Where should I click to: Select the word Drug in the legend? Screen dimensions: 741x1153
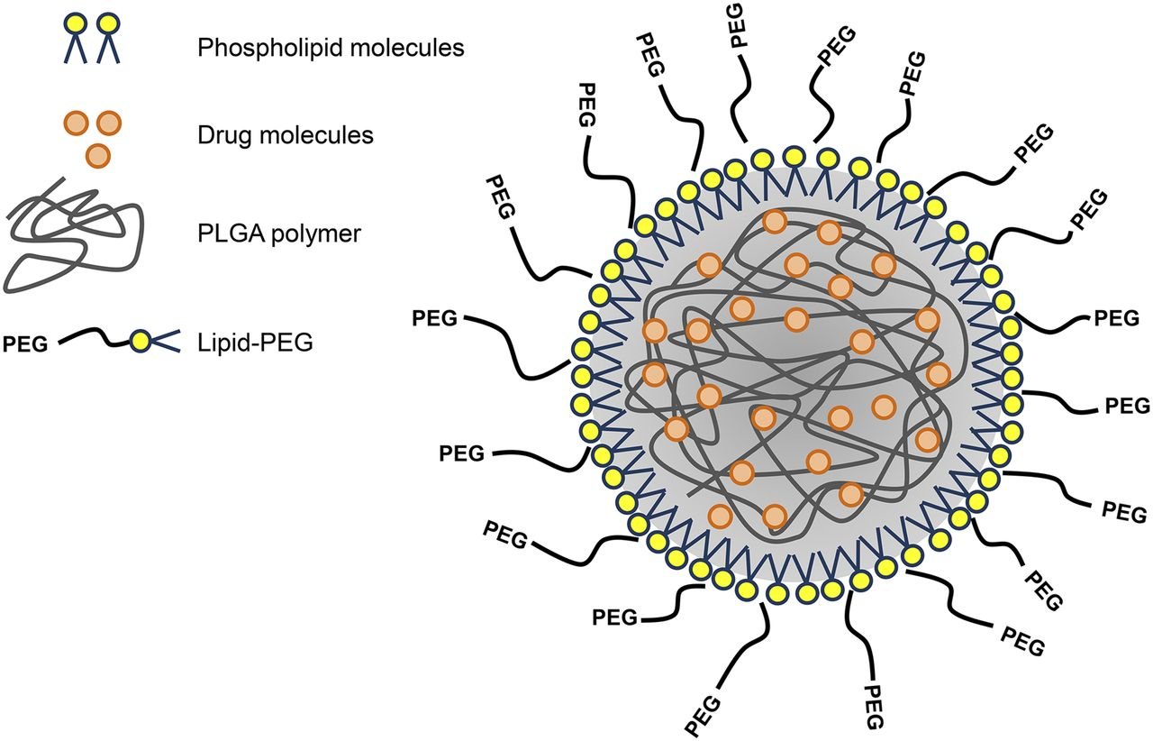click(222, 136)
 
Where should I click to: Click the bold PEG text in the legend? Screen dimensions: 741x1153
click(27, 342)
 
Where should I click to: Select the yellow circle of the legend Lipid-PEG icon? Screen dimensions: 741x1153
click(140, 341)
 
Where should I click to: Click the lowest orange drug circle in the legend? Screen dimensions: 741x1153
click(97, 155)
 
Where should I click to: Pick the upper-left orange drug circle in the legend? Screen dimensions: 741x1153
click(79, 122)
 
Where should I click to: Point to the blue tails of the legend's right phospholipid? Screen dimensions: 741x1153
click(108, 50)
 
